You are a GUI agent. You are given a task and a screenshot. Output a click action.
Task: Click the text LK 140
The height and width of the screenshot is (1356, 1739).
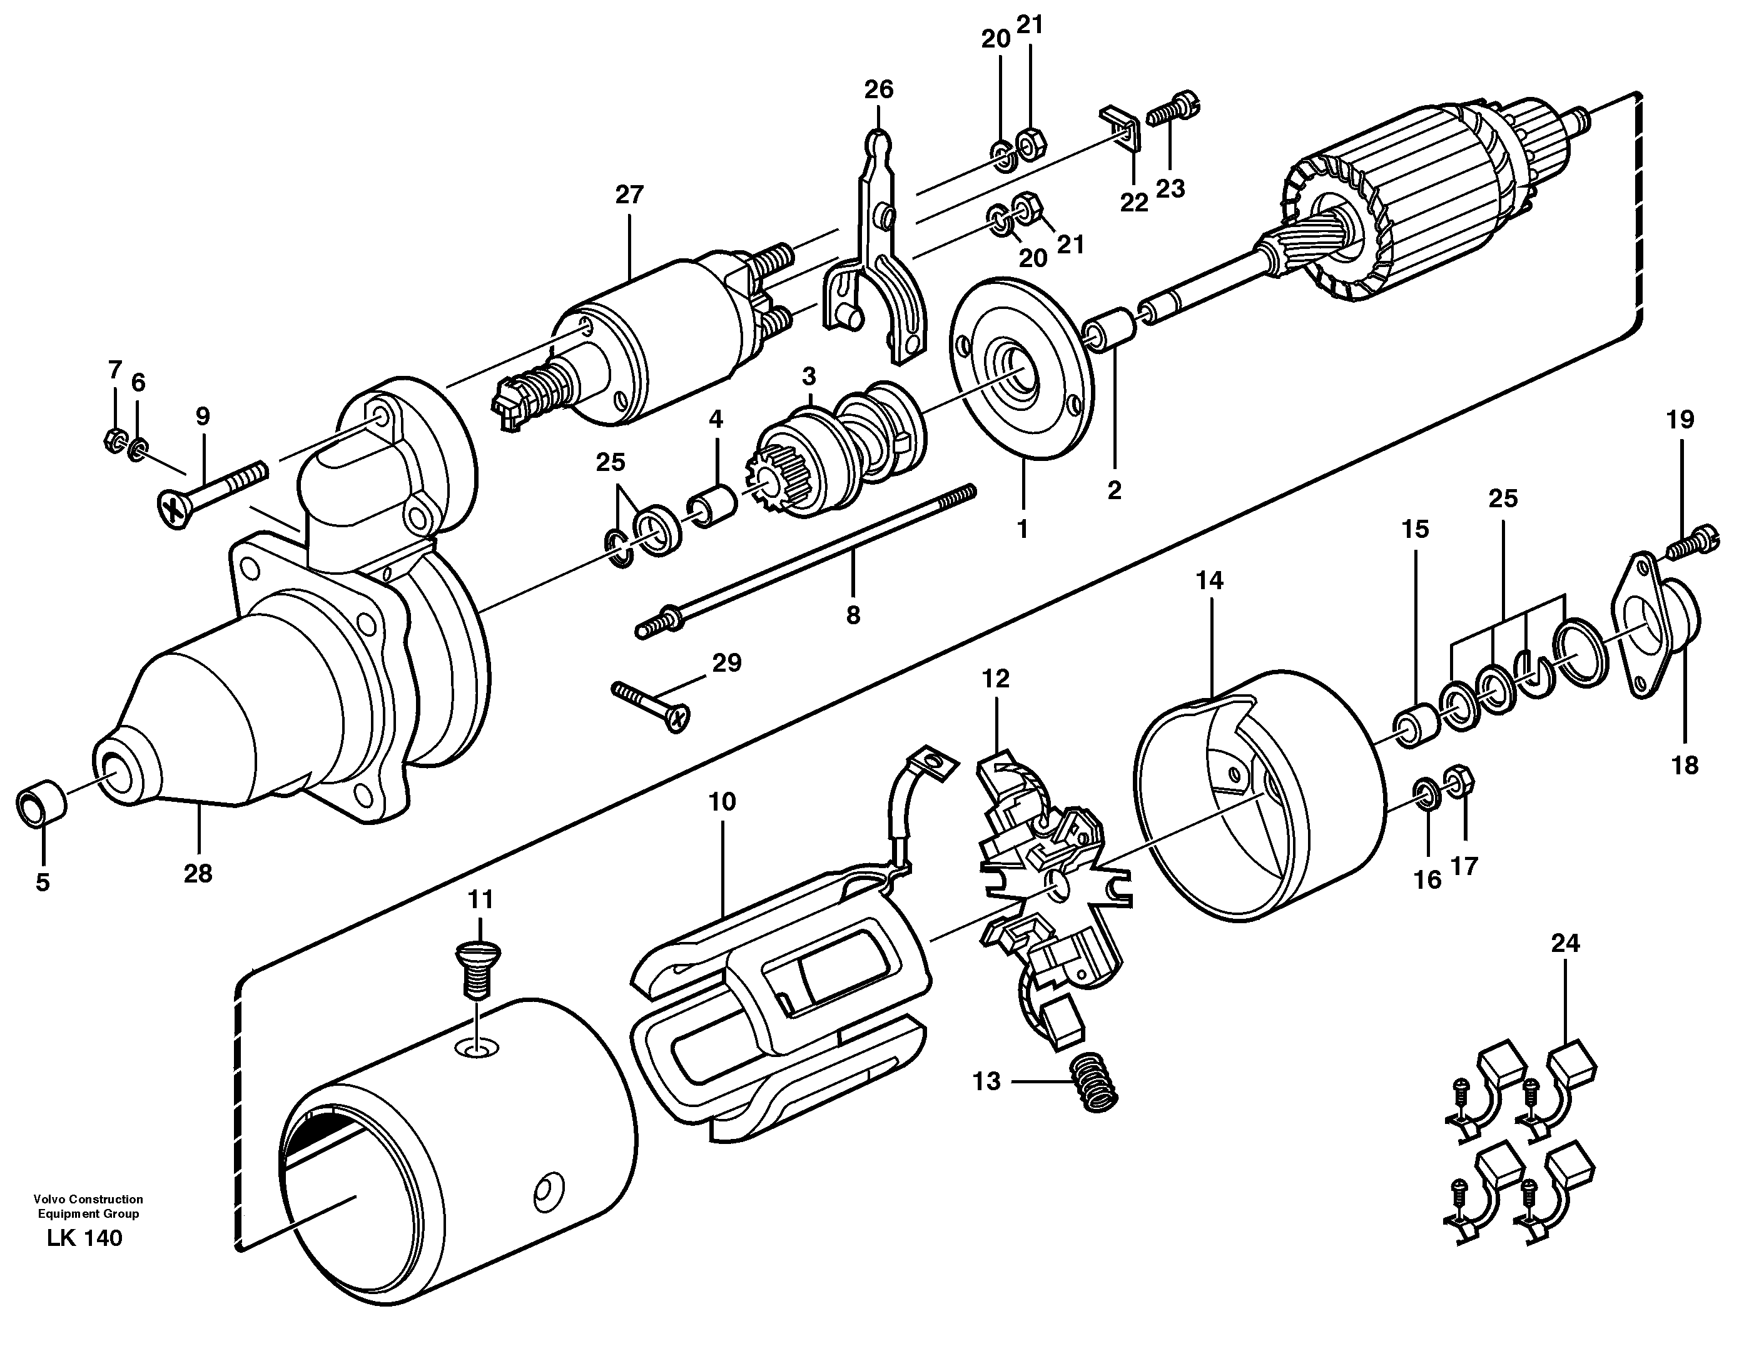pyautogui.click(x=84, y=1238)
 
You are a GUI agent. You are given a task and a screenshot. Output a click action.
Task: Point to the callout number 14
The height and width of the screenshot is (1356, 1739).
pyautogui.click(x=1209, y=580)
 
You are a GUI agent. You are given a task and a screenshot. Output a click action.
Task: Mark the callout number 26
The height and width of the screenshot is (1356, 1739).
pyautogui.click(x=879, y=89)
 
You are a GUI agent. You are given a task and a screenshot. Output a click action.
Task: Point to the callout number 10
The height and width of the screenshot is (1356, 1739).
pyautogui.click(x=722, y=802)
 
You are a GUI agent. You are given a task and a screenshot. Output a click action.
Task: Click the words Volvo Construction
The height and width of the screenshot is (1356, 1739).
pyautogui.click(x=88, y=1199)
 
